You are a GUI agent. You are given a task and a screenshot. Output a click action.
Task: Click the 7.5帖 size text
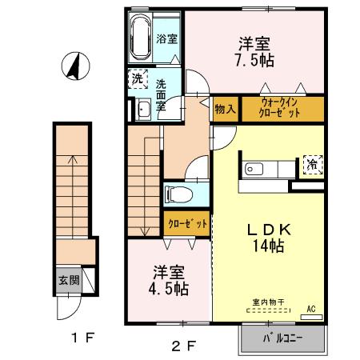click(253, 61)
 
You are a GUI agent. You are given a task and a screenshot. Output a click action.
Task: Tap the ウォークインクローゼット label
click(280, 108)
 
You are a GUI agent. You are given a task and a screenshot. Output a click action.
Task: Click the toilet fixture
click(175, 194)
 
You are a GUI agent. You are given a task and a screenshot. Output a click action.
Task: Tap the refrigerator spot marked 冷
click(311, 164)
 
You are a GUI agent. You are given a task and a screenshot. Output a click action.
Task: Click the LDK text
click(267, 230)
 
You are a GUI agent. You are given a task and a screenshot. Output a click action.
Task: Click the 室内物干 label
click(266, 302)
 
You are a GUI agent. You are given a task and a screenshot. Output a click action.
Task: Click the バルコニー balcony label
click(284, 338)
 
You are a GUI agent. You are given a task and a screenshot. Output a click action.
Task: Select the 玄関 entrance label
click(68, 280)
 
